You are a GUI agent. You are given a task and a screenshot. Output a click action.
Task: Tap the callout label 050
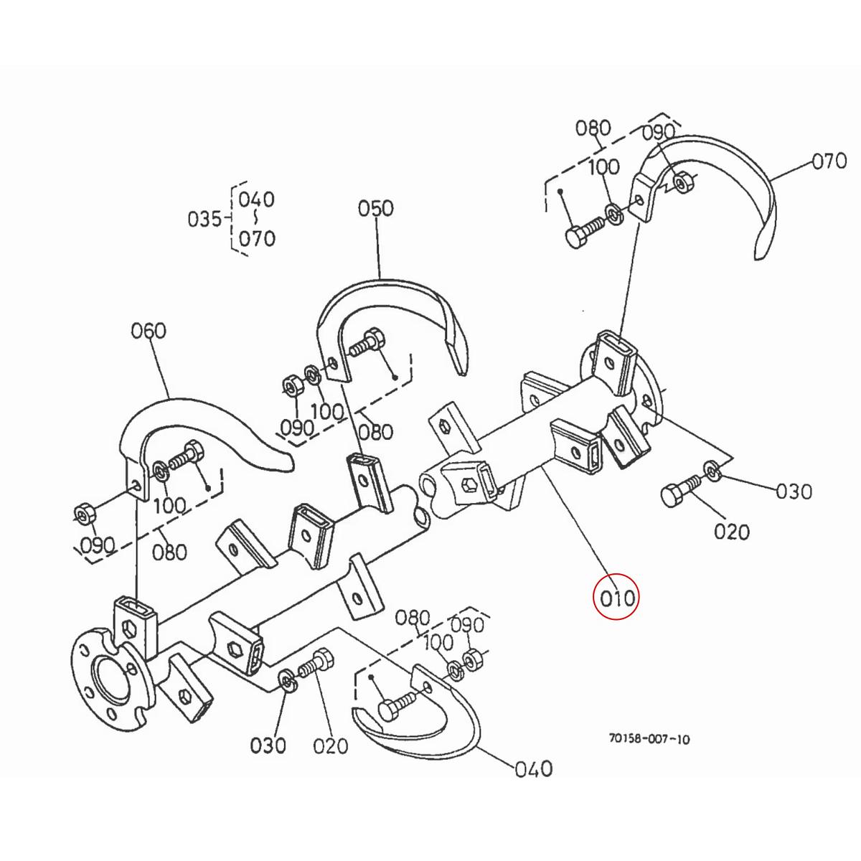tap(376, 209)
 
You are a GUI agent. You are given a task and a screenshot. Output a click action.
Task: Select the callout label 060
tap(149, 331)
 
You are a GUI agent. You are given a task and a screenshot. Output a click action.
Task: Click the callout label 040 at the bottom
tap(534, 769)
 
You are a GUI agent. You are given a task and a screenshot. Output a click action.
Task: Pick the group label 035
tap(204, 219)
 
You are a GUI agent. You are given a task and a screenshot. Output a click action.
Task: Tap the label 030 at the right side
tap(794, 491)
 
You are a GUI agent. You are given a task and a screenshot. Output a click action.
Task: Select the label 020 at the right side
tap(732, 532)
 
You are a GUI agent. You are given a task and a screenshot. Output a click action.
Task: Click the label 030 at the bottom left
tap(268, 746)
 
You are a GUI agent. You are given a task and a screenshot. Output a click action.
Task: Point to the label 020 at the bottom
tap(331, 746)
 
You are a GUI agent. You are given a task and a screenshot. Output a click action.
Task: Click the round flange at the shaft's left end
tap(108, 678)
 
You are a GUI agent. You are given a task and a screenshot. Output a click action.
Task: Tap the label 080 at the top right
tap(593, 129)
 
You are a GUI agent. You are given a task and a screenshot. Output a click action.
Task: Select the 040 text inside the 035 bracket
tap(257, 199)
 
